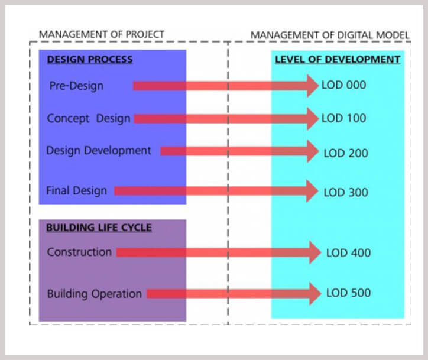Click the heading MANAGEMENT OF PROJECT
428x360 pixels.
click(102, 35)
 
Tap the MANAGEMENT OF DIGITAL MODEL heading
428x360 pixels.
click(330, 35)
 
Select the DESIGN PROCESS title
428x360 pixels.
click(90, 60)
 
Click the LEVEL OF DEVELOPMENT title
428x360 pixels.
click(338, 60)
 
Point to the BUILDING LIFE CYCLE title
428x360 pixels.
click(99, 228)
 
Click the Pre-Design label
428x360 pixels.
click(76, 86)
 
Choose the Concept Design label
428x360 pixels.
click(89, 119)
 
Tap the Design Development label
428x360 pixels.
click(99, 151)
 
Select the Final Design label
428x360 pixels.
click(76, 190)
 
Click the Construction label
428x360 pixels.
click(79, 252)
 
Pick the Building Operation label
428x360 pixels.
click(95, 294)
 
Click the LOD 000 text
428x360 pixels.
click(343, 85)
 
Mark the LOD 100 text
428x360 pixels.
click(343, 118)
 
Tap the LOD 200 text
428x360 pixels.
click(346, 153)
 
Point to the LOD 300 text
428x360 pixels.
click(346, 193)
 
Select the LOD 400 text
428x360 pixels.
click(348, 253)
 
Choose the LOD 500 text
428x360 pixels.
click(348, 293)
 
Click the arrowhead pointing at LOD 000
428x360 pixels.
click(313, 86)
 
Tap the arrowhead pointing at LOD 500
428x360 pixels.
click(315, 294)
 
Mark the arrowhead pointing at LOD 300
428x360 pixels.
click(312, 191)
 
